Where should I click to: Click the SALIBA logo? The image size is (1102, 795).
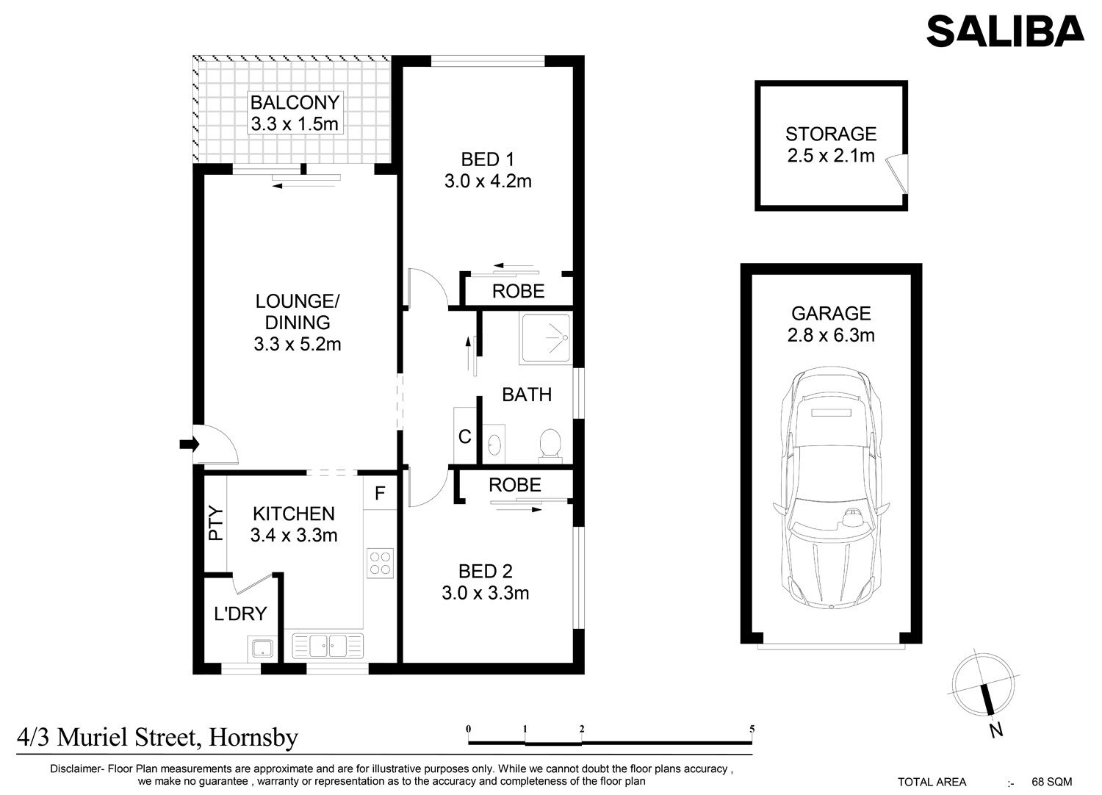[x=1005, y=31]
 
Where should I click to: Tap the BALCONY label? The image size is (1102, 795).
[x=295, y=102]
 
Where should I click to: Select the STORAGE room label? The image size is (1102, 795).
[x=831, y=134]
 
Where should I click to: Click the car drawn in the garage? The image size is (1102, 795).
[x=831, y=488]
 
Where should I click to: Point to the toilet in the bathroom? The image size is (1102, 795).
[x=550, y=446]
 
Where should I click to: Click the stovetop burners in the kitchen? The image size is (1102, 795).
[x=380, y=564]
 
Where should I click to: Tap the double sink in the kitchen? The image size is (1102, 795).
[x=328, y=645]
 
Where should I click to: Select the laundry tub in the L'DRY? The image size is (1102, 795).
[x=262, y=648]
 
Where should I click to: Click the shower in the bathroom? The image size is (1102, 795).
[x=546, y=339]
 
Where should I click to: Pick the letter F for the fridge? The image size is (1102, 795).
[x=380, y=493]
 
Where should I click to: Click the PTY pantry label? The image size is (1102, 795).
[x=216, y=523]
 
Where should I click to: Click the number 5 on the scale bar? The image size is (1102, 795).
[x=752, y=729]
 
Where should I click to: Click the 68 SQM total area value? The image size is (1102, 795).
[x=1052, y=782]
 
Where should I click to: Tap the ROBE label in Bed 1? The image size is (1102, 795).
[x=518, y=291]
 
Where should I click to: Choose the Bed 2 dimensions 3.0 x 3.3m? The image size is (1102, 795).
[x=485, y=593]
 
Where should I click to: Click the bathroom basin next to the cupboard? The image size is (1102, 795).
[x=494, y=445]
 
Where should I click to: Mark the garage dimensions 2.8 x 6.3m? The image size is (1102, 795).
[x=831, y=336]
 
